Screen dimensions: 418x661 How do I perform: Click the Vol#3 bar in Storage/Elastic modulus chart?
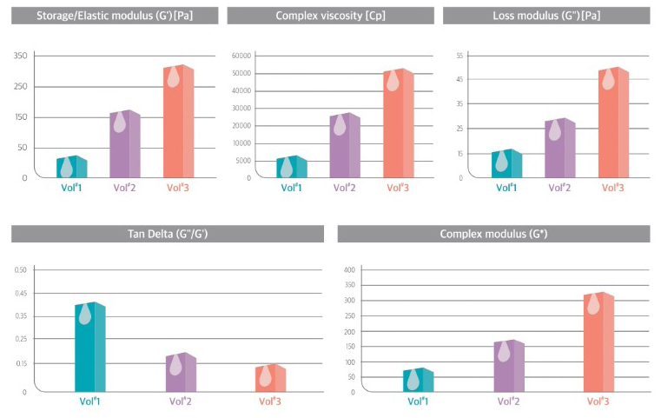(x=178, y=122)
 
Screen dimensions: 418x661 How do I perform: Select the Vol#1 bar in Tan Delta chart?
(x=89, y=347)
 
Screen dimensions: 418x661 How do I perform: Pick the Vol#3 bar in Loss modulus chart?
(x=613, y=122)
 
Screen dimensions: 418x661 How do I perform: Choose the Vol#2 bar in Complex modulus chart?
(x=509, y=365)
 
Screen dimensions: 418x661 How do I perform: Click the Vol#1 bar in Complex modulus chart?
(x=419, y=380)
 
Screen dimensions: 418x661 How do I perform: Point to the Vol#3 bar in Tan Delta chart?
(x=271, y=378)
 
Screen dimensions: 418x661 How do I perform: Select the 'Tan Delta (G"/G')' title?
(x=167, y=234)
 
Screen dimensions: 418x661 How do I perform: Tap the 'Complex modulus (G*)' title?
(x=492, y=234)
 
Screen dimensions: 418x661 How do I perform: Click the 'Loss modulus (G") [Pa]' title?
(x=546, y=16)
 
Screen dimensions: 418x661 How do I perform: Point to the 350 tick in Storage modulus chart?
(x=19, y=56)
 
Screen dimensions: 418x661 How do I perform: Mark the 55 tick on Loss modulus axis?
(x=459, y=55)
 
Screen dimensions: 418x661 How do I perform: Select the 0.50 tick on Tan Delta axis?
(x=20, y=269)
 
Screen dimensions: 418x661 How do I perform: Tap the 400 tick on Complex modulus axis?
(x=349, y=270)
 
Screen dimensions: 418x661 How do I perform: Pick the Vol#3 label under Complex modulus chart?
(x=598, y=401)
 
